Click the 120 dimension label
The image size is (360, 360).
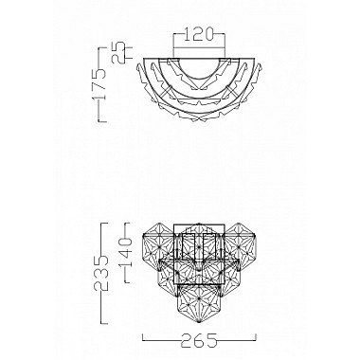coord(199,35)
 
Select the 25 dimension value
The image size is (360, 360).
coord(119,52)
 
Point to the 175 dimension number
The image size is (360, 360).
coord(99,84)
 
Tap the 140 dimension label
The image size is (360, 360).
coord(125,253)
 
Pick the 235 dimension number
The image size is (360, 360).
coord(101,274)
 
